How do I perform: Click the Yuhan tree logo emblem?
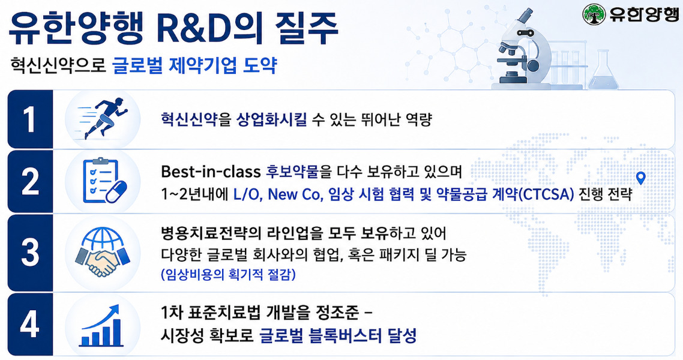pyautogui.click(x=594, y=15)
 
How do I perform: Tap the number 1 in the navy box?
pyautogui.click(x=29, y=119)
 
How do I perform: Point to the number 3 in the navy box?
pyautogui.click(x=29, y=252)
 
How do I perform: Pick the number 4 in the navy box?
pyautogui.click(x=29, y=325)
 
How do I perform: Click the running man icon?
pyautogui.click(x=104, y=118)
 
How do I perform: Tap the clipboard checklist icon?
pyautogui.click(x=104, y=181)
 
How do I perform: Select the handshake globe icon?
pyautogui.click(x=103, y=251)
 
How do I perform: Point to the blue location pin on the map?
pyautogui.click(x=640, y=178)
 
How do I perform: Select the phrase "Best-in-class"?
pyautogui.click(x=211, y=172)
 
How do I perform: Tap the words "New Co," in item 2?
pyautogui.click(x=295, y=194)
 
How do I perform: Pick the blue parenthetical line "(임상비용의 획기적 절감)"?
pyautogui.click(x=228, y=274)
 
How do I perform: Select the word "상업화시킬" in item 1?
pyautogui.click(x=271, y=119)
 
